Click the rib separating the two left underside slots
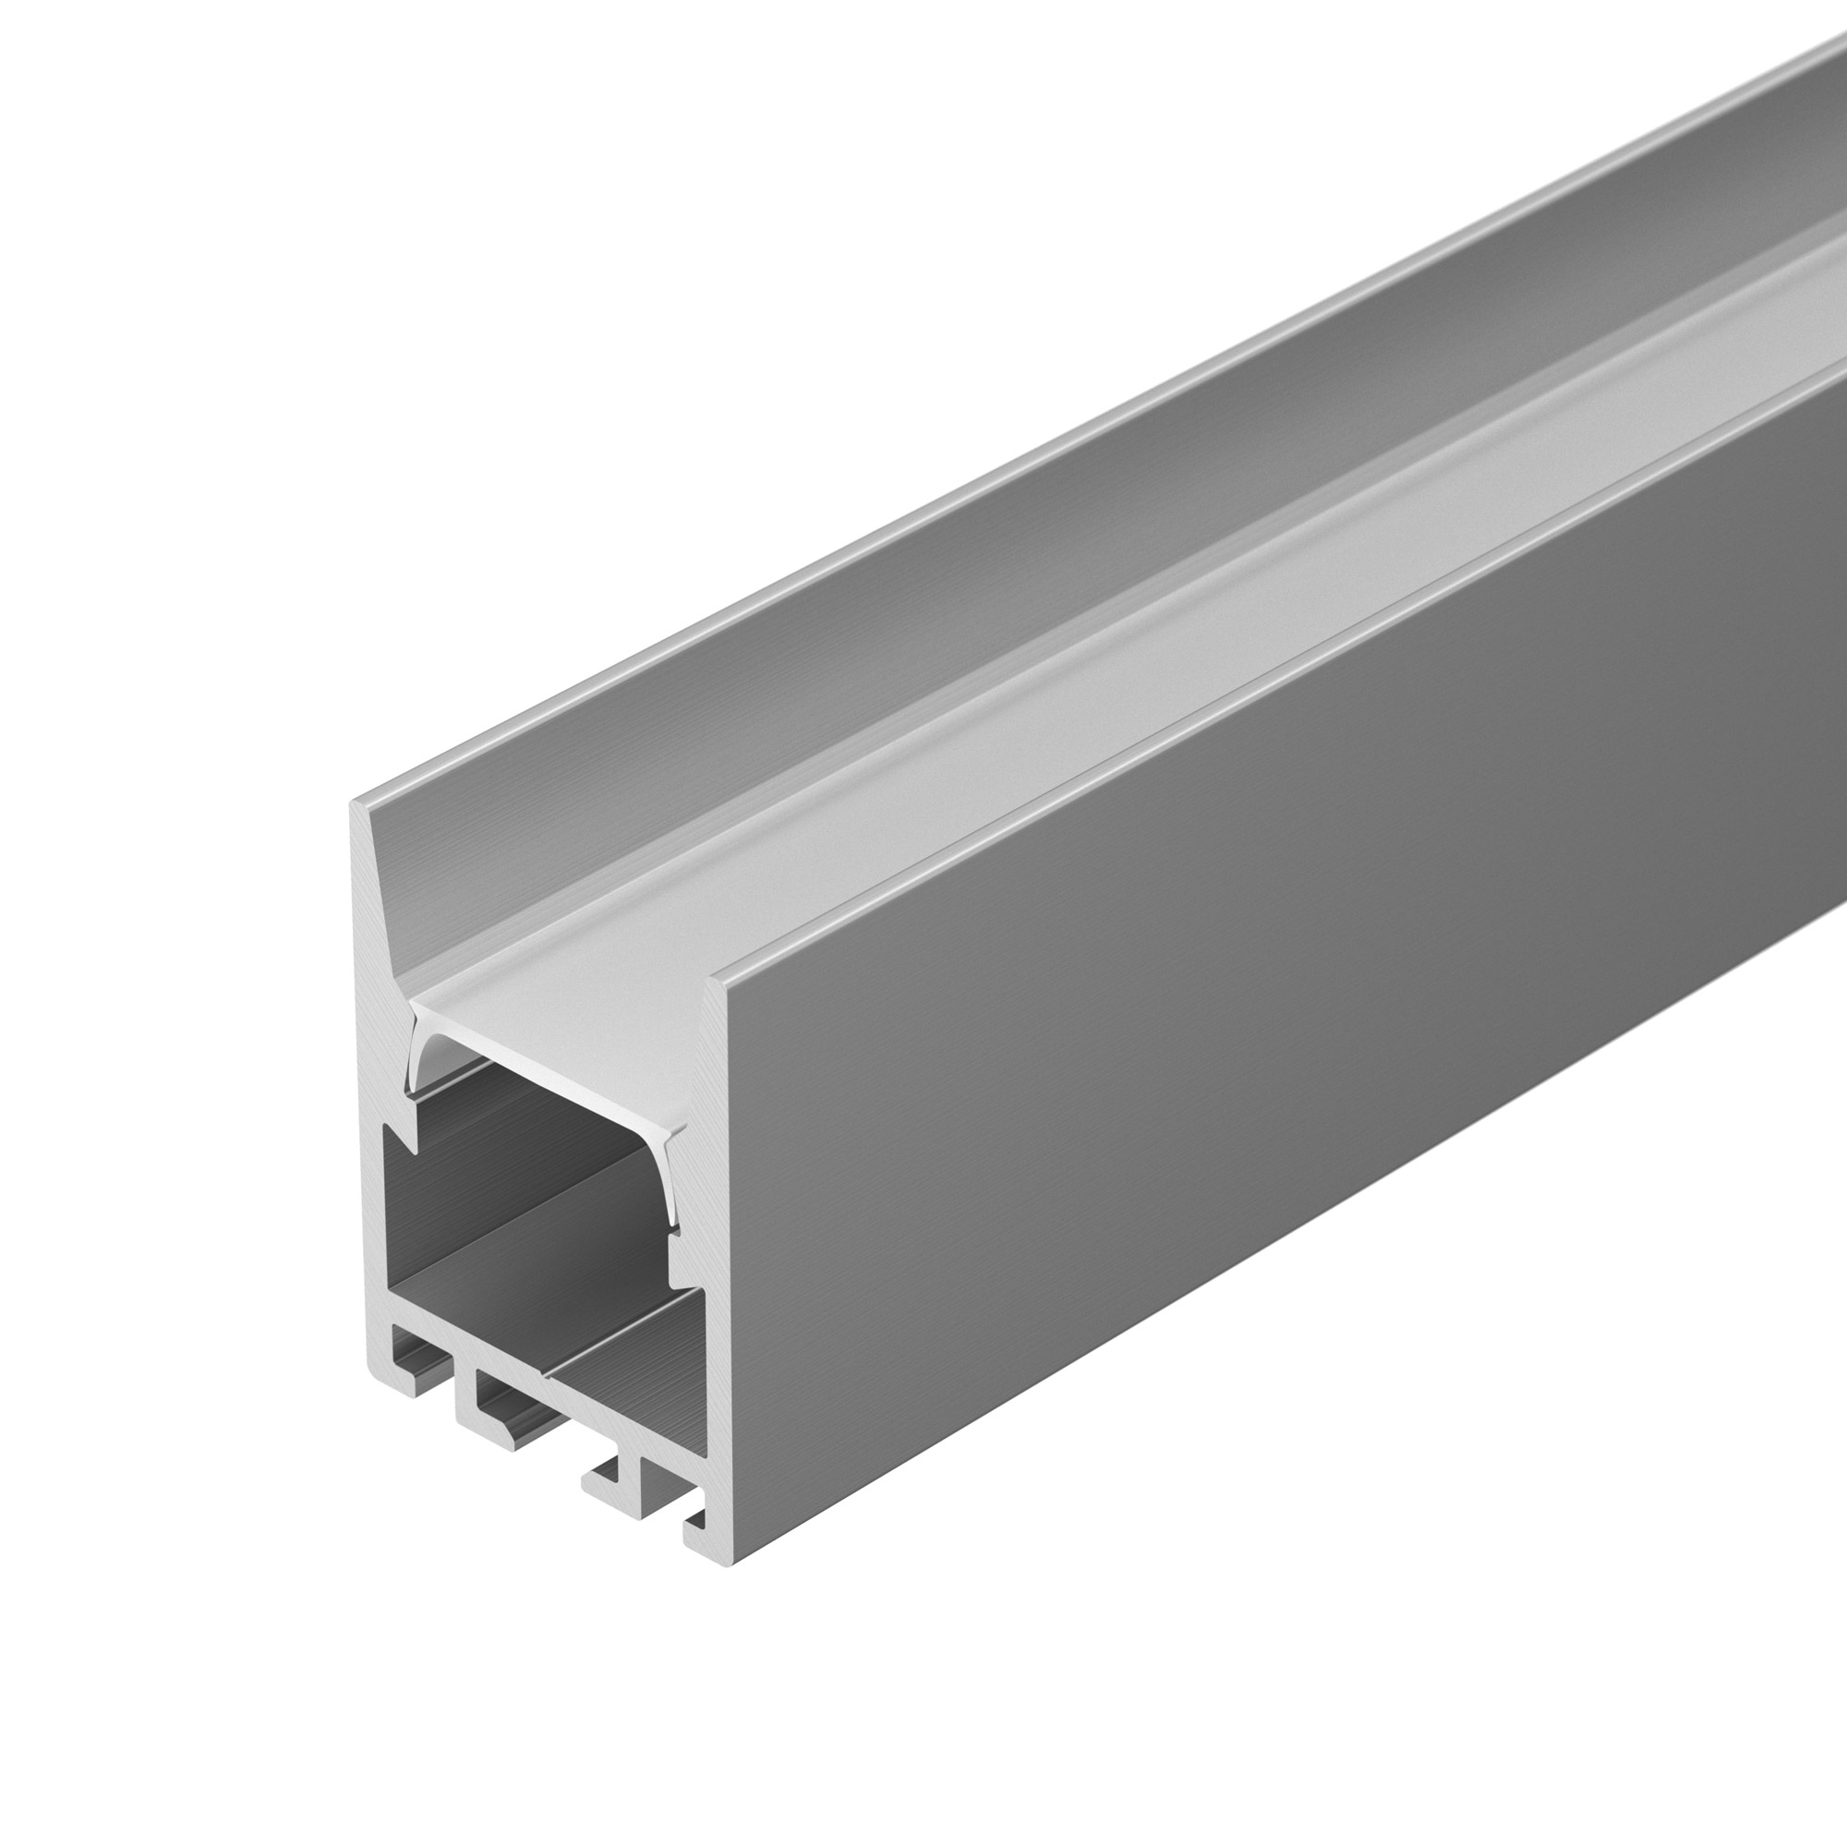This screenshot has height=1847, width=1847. point(457,1377)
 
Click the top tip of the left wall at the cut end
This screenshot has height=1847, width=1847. point(356,805)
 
